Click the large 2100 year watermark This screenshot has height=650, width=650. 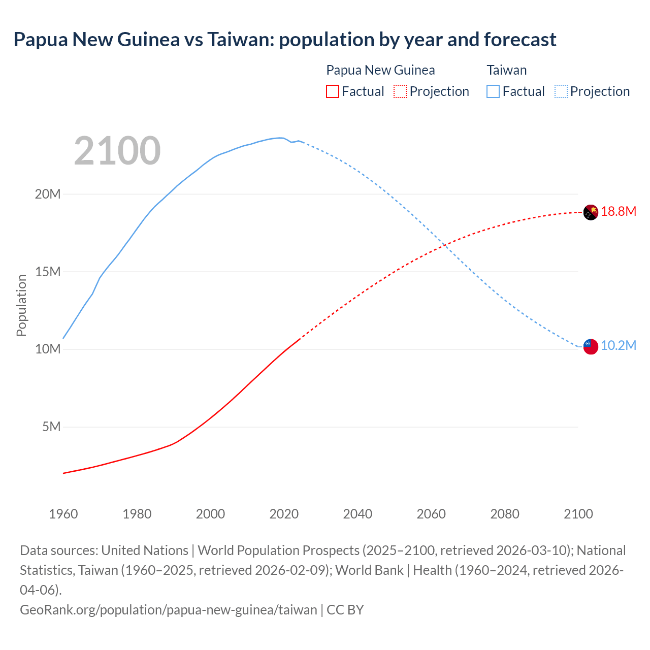coord(117,151)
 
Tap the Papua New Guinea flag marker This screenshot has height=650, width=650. coord(591,212)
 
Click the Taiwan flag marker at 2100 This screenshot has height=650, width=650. coord(591,346)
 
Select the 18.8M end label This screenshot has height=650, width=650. coord(619,212)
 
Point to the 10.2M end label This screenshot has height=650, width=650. coord(619,346)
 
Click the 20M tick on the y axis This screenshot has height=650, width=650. coord(48,194)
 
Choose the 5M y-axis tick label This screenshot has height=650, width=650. coord(51,427)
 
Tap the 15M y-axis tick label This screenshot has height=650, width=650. coord(48,272)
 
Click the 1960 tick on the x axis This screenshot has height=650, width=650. coord(63,514)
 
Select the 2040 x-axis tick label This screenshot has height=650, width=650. coord(357,514)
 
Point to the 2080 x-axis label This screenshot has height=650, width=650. coord(505,514)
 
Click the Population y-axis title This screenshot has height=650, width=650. coord(21,305)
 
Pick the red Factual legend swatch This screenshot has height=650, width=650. coord(332,91)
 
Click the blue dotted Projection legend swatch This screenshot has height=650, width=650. coord(561,91)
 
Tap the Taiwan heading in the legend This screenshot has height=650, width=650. coord(506,70)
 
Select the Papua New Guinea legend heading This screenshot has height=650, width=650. coord(380,70)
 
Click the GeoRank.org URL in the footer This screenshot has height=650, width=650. coord(168,609)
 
